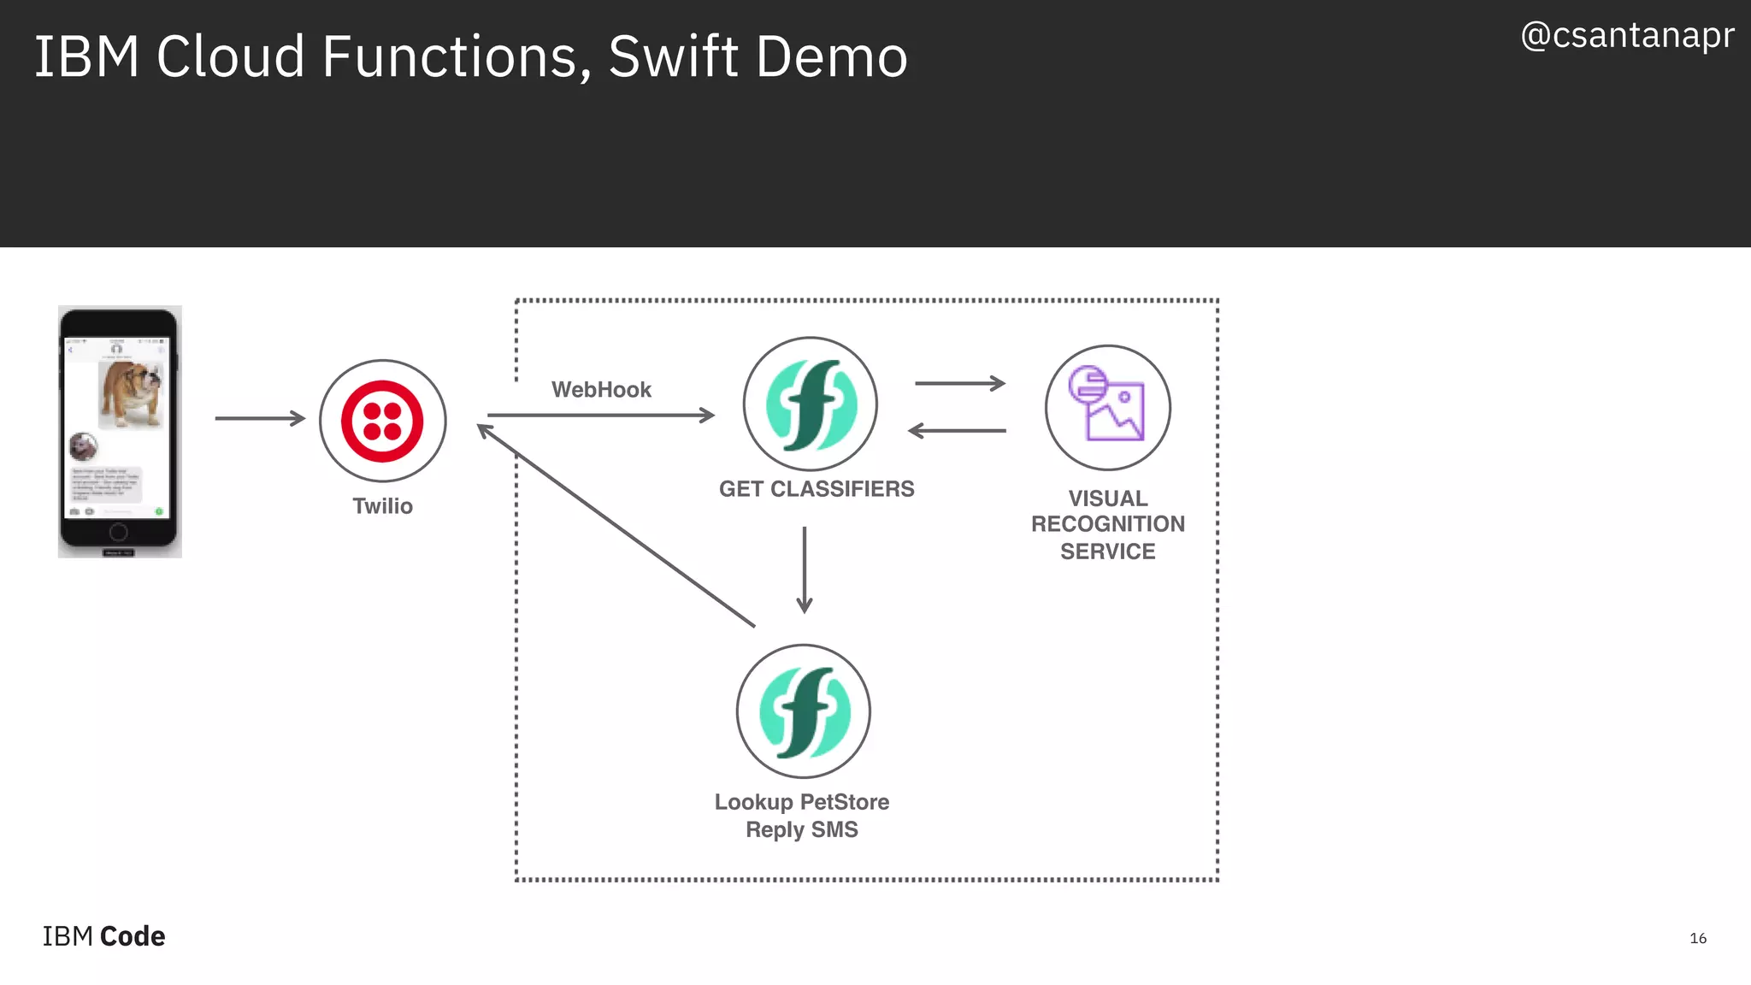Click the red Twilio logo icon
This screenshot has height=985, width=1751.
tap(382, 421)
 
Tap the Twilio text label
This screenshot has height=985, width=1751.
tap(382, 506)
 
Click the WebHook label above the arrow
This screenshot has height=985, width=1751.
tap(601, 390)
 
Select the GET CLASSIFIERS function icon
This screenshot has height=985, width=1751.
tap(811, 404)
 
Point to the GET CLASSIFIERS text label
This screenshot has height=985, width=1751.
tap(817, 489)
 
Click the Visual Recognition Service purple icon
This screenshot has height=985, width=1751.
tap(1107, 407)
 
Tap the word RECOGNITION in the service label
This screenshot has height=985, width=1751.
tap(1108, 524)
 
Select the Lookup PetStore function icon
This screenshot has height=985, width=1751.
tap(804, 711)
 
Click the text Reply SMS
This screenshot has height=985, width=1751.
tap(802, 829)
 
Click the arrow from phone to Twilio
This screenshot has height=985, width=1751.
tap(260, 418)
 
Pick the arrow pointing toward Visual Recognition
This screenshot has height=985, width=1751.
tap(959, 383)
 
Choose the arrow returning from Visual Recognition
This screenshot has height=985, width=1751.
tap(957, 431)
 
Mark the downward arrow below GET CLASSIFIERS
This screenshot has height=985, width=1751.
tap(805, 569)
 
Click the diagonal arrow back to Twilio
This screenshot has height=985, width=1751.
tap(616, 526)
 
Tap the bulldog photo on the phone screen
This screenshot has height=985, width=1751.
tap(130, 394)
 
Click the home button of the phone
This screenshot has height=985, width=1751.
tap(119, 532)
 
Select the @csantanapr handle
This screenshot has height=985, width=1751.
tap(1627, 35)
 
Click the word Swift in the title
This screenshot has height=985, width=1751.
tap(672, 57)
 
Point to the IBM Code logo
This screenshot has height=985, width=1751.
tap(103, 936)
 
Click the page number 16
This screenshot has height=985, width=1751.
tap(1698, 938)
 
